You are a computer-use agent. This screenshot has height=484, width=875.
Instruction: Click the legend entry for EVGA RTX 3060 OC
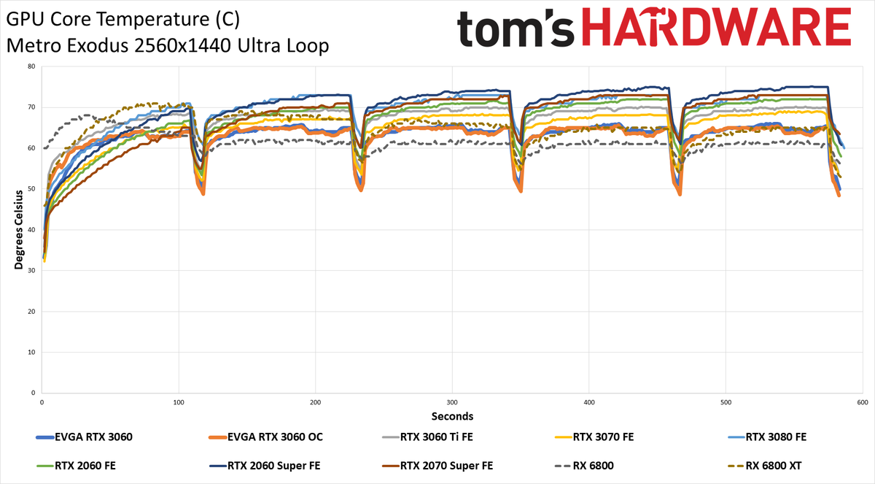click(x=266, y=437)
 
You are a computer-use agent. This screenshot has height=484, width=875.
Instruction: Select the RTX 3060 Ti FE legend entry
click(x=427, y=437)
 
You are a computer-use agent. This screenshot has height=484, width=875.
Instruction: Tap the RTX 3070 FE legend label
click(x=604, y=437)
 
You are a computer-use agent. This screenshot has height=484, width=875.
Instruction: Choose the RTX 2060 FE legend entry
click(x=76, y=466)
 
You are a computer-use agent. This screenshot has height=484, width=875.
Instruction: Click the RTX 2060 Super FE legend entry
click(x=265, y=466)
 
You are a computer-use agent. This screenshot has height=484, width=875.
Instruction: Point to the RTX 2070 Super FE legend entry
click(x=437, y=466)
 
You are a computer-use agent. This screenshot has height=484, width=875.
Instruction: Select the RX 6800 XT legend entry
click(x=765, y=466)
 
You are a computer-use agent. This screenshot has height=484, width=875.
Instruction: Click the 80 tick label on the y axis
click(x=31, y=66)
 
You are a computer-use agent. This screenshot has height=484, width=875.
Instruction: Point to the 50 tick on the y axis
click(x=31, y=189)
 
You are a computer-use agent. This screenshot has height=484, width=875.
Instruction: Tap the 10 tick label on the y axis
click(x=31, y=353)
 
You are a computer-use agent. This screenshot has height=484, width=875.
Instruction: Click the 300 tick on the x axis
click(x=452, y=402)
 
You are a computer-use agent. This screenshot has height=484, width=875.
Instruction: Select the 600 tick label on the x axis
click(x=863, y=402)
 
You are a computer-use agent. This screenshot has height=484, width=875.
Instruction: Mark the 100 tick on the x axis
click(x=179, y=402)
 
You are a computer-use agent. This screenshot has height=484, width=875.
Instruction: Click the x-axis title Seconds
click(x=452, y=416)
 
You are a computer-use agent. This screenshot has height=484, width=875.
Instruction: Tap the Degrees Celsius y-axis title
click(x=19, y=230)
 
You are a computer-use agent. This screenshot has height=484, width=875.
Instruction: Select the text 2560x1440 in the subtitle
click(x=183, y=46)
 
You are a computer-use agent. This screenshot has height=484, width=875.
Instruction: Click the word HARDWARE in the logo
click(x=716, y=27)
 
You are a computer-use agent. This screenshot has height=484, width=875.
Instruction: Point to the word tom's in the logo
click(x=516, y=28)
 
